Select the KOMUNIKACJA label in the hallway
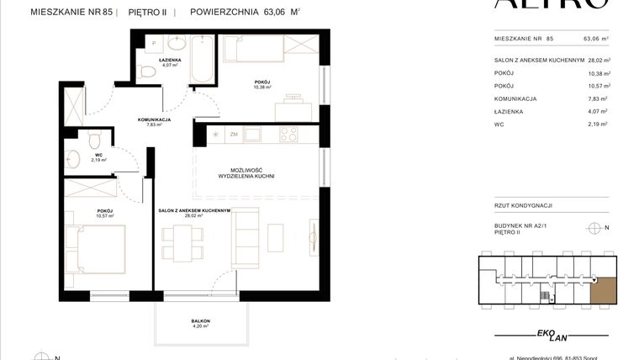[154, 119]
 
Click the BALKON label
[199, 321]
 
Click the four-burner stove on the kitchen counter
[289, 134]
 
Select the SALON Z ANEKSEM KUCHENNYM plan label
[194, 210]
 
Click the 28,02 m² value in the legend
[597, 61]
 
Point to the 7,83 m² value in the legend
[599, 98]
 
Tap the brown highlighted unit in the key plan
[602, 291]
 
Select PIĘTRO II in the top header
[146, 12]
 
